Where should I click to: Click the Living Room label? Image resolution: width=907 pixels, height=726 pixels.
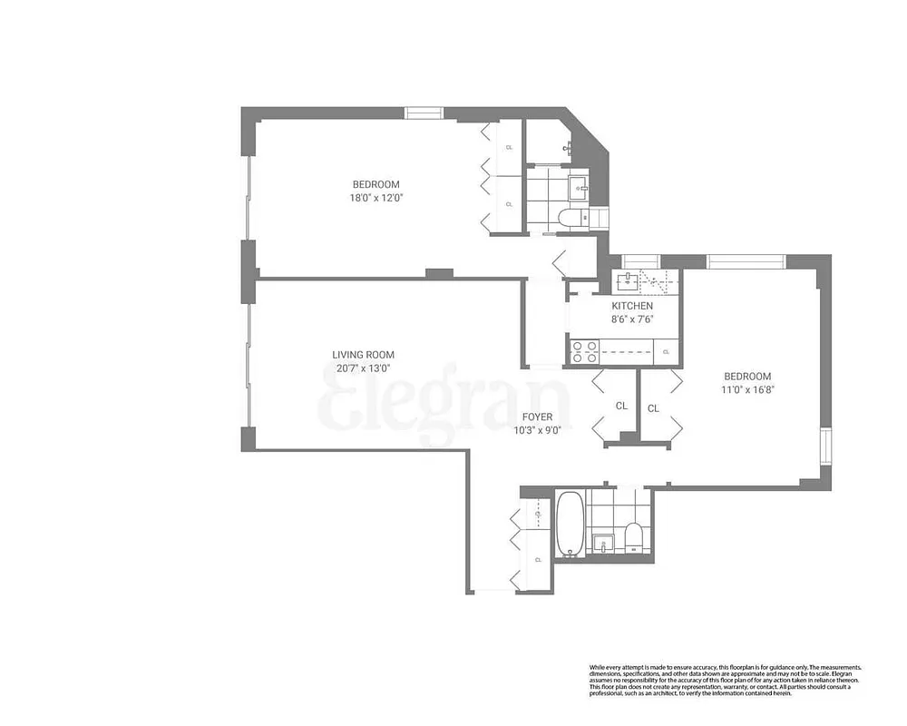[363, 355]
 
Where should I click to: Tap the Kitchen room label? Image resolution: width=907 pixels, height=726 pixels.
[632, 306]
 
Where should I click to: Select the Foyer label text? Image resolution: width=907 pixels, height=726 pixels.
[538, 417]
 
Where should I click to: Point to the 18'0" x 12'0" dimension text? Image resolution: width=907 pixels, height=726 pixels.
[376, 198]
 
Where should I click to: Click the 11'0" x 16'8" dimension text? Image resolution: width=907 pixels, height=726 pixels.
[746, 389]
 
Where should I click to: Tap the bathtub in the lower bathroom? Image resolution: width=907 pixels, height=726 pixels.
[570, 524]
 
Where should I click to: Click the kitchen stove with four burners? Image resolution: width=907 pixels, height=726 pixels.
[583, 349]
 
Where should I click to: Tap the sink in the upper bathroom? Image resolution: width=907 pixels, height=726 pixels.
[578, 188]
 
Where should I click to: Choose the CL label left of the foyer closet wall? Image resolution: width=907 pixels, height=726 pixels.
[621, 406]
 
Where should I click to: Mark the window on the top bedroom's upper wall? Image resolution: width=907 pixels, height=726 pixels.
[424, 113]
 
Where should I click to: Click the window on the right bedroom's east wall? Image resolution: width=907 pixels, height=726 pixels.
[824, 446]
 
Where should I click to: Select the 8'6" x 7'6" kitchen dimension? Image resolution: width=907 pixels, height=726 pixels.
[632, 319]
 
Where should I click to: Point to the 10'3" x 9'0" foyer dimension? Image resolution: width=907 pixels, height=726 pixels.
[538, 430]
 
